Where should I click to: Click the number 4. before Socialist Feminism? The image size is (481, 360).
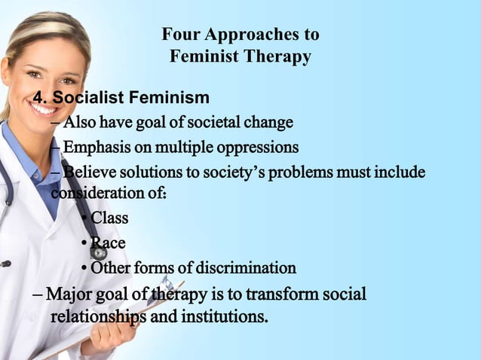coord(40,98)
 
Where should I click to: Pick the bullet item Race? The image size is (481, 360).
coord(108,243)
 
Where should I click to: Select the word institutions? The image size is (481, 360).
coord(226,316)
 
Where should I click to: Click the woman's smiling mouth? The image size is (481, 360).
coord(46,108)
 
